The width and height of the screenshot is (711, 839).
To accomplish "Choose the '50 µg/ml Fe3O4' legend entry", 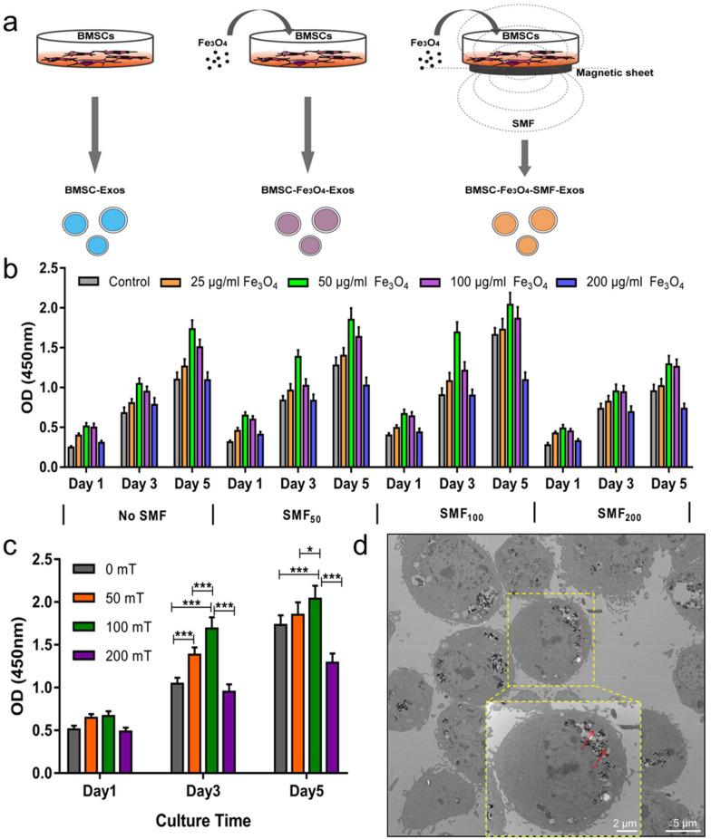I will pos(358,283).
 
